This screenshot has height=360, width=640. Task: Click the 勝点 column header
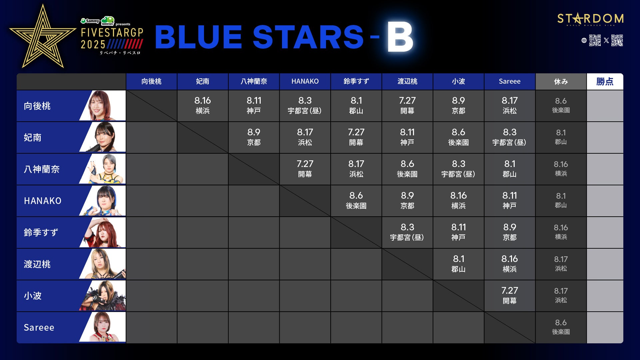click(x=605, y=82)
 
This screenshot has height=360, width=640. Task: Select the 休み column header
click(x=561, y=82)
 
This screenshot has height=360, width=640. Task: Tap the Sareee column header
click(x=509, y=82)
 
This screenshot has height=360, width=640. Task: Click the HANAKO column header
click(x=305, y=82)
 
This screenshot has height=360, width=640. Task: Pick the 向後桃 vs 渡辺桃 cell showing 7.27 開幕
click(x=407, y=106)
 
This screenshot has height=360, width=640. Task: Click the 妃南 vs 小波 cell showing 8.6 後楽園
click(x=458, y=137)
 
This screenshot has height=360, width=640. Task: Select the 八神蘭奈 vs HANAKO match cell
click(x=305, y=169)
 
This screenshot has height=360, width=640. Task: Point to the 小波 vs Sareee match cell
click(x=509, y=296)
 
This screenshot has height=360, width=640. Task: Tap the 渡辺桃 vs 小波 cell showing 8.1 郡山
click(x=458, y=264)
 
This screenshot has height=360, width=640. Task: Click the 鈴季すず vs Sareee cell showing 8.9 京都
click(x=509, y=232)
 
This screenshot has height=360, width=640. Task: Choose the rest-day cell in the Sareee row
click(x=561, y=327)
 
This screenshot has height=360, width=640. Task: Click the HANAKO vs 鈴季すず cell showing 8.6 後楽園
click(x=356, y=201)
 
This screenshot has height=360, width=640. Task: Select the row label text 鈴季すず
click(x=41, y=232)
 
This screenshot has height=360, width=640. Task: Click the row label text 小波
click(x=33, y=296)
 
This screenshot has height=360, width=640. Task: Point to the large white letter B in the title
click(x=400, y=37)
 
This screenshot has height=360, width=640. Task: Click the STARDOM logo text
click(x=590, y=18)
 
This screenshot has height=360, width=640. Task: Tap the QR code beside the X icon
click(x=617, y=40)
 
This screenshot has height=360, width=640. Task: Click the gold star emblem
click(x=43, y=36)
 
